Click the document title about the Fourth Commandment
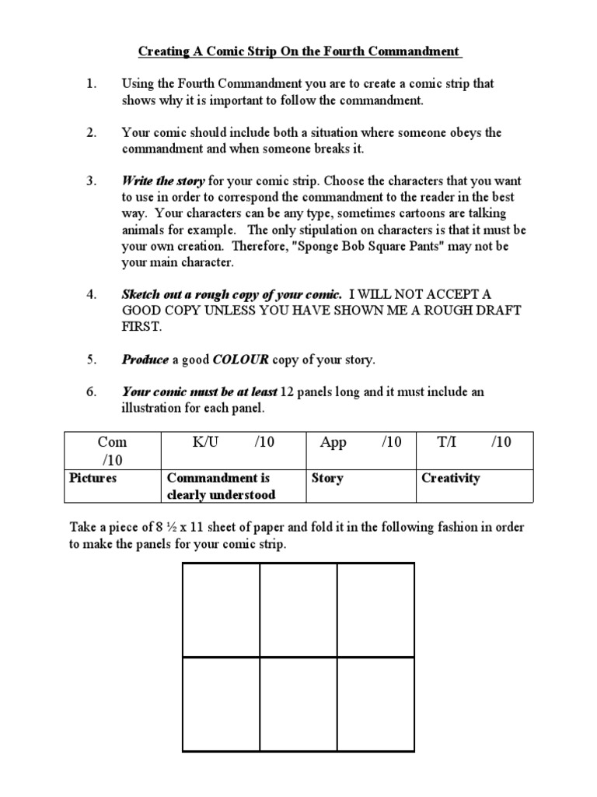coord(299,51)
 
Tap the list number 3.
coord(91,181)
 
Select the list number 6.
coord(91,391)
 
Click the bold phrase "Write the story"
coord(163,181)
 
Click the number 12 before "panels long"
coord(288,391)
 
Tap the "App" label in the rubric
coord(333,442)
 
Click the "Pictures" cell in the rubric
coord(93,478)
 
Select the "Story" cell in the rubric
coord(326,478)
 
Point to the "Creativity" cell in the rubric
coord(450,478)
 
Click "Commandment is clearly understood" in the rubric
coord(218,486)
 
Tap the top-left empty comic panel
coord(222,610)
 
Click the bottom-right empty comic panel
coord(375,704)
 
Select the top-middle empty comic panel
coord(298,610)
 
